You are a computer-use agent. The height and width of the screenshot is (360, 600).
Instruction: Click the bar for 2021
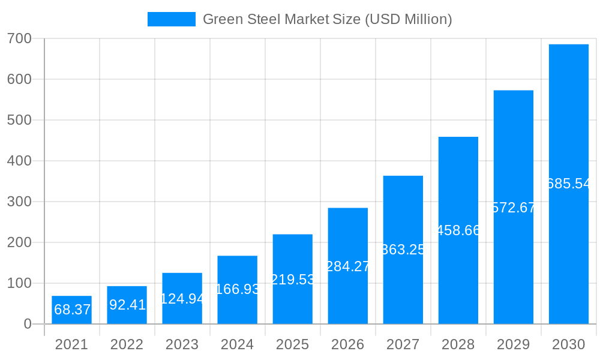[71, 310]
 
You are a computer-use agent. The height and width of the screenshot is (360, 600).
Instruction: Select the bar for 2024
[237, 290]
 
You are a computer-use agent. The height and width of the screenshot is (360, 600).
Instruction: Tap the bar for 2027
[403, 249]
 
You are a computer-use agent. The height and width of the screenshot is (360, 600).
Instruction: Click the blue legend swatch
[171, 19]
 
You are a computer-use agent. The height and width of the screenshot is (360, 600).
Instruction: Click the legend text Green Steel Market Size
[327, 19]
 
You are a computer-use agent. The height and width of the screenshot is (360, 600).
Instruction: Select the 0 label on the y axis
[28, 324]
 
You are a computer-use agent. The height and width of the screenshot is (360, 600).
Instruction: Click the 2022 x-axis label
[127, 344]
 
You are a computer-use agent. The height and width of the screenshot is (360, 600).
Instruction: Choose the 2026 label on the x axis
[348, 344]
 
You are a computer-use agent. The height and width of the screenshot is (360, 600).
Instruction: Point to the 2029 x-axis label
[514, 344]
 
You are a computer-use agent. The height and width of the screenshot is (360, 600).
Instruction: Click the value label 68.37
[72, 310]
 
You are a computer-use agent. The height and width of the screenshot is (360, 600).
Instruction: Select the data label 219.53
[293, 280]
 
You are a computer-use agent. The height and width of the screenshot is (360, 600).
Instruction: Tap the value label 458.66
[458, 230]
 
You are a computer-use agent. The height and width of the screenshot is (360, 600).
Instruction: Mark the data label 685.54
[569, 184]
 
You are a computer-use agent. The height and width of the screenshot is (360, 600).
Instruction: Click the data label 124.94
[182, 299]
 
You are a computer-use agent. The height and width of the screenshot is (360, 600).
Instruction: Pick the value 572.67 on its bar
[514, 208]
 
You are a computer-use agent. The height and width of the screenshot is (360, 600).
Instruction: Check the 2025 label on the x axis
[293, 344]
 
